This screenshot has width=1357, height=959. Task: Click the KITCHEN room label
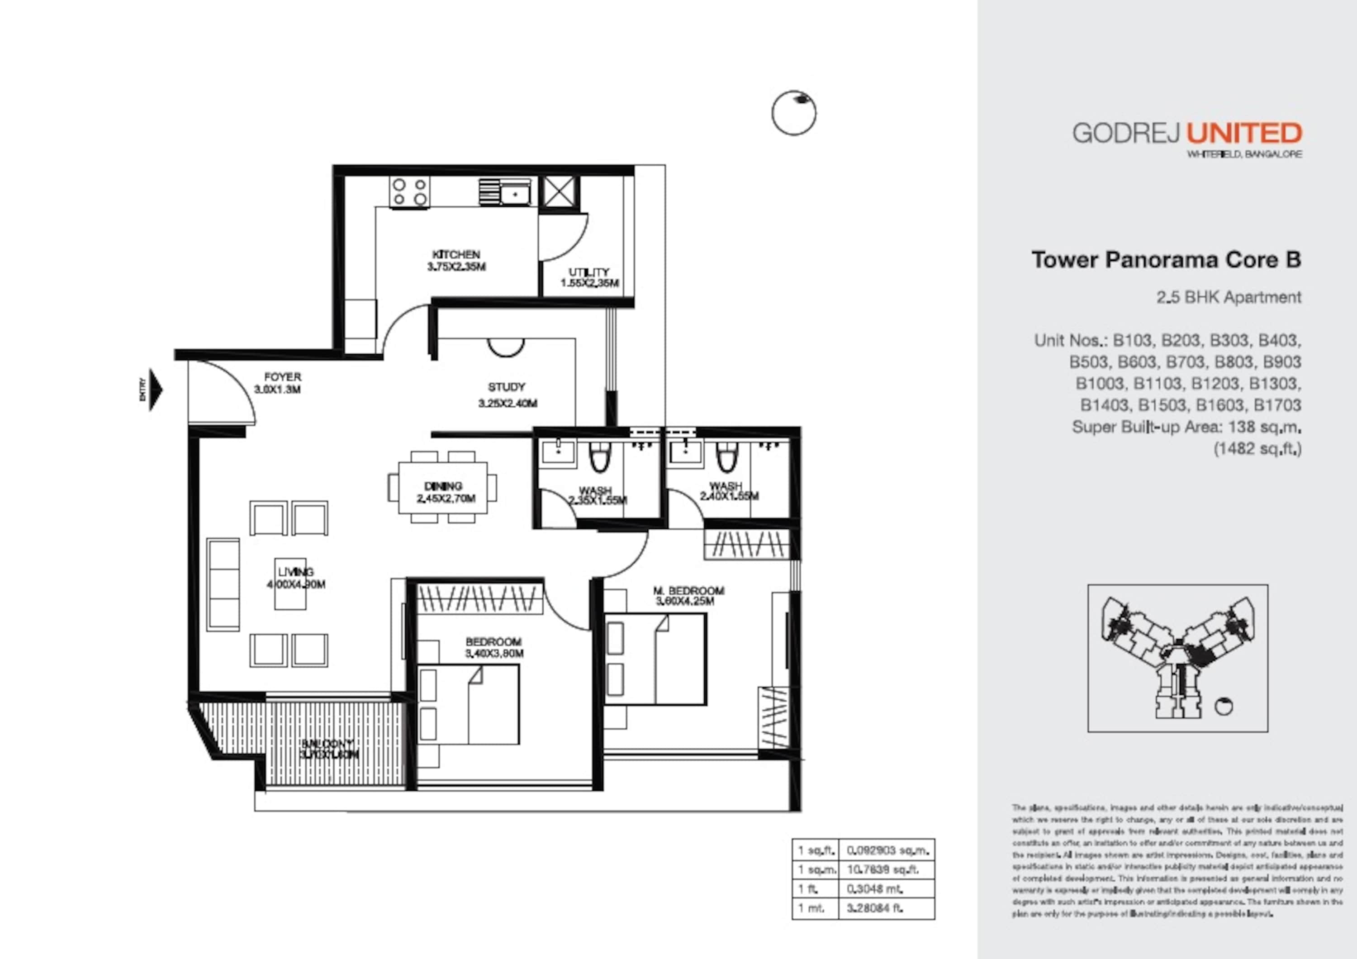coord(455,255)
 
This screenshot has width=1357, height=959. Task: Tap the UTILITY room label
coord(588,272)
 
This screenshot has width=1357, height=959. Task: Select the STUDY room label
coord(507,388)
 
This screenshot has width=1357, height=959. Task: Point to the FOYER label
coord(283,377)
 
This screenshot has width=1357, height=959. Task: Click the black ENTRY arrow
coord(156,390)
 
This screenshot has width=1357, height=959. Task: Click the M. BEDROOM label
coord(688,590)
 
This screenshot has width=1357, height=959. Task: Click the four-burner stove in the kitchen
coord(409,192)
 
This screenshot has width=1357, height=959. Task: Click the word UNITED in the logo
coord(1244,133)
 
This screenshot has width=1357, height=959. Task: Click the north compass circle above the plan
coord(794,113)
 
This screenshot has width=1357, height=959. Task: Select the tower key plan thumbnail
coord(1177,658)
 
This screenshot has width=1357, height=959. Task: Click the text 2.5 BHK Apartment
coord(1228,297)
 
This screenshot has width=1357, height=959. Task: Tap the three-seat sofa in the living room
coord(223,584)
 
